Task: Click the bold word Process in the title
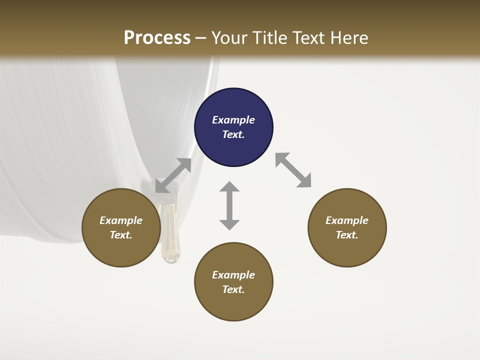[157, 38]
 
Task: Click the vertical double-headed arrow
[229, 205]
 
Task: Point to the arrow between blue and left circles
[173, 175]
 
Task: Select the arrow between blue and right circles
[293, 170]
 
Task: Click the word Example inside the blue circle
[233, 120]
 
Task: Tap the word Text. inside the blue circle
[233, 134]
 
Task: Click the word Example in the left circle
[121, 220]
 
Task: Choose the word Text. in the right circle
[347, 235]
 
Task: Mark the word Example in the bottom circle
[233, 275]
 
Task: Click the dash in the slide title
[200, 38]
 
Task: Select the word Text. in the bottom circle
[233, 289]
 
